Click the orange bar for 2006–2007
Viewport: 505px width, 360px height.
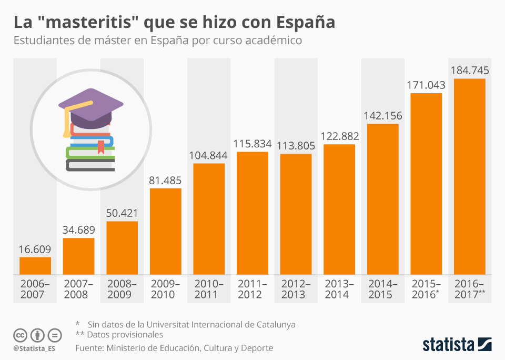tap(35, 266)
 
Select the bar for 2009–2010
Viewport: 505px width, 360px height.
tap(166, 232)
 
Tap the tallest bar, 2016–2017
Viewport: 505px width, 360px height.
tap(470, 177)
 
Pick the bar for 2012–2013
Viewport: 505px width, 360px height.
tap(296, 214)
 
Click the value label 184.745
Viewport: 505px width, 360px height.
tap(470, 70)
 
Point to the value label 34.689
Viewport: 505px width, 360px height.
tap(79, 230)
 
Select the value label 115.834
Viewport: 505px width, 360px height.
tap(252, 144)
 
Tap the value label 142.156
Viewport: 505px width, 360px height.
tap(383, 116)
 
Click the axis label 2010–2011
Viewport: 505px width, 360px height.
tap(209, 289)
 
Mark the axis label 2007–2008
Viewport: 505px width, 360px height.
tap(79, 289)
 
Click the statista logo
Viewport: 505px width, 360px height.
tap(457, 345)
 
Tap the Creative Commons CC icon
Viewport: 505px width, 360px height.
tap(21, 335)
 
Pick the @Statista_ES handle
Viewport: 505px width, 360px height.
tap(34, 348)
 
